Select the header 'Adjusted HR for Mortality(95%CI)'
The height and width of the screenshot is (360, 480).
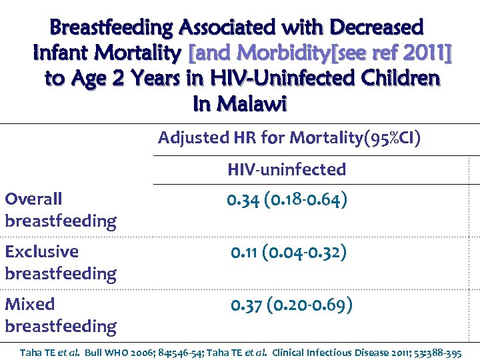pos(289,138)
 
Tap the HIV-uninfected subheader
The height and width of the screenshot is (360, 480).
pos(287,169)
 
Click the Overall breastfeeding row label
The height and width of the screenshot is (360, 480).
pos(60,209)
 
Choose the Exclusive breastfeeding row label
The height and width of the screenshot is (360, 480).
pos(60,262)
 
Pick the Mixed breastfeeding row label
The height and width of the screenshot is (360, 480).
pos(60,315)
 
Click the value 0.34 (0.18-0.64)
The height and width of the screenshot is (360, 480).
pos(287,200)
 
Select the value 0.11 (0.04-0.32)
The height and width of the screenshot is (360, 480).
pos(288,253)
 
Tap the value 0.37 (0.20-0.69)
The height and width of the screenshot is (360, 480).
pos(291,305)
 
